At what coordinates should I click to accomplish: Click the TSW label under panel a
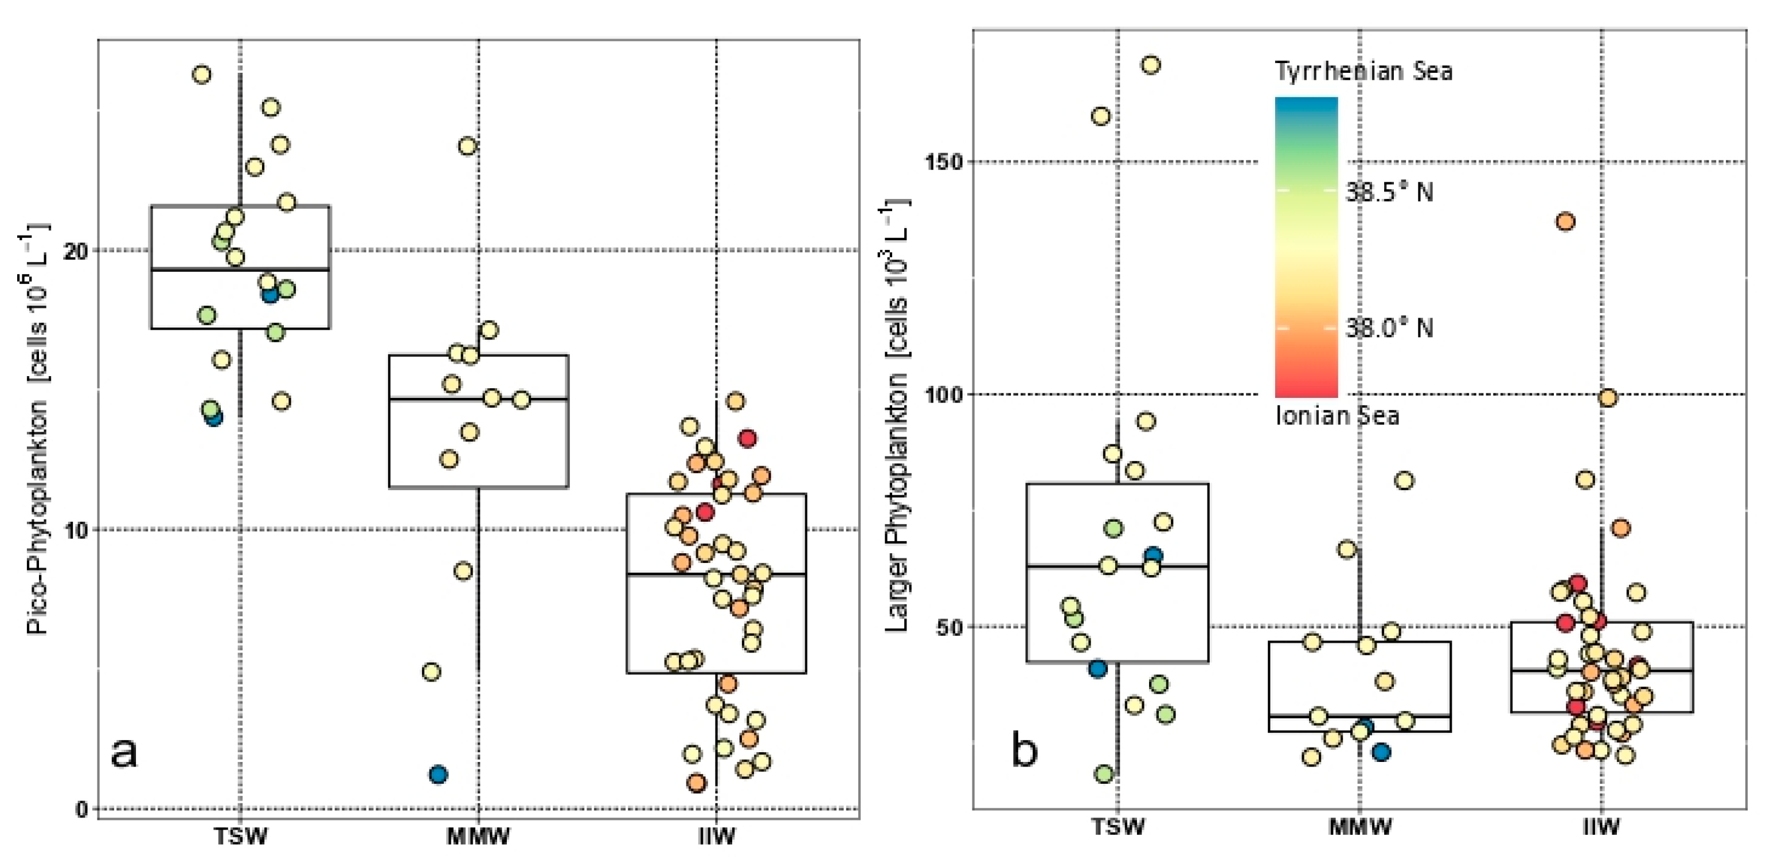click(x=240, y=836)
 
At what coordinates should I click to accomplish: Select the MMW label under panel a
click(x=478, y=836)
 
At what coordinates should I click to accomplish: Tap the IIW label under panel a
click(x=716, y=836)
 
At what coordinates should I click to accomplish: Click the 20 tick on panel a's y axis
click(x=76, y=251)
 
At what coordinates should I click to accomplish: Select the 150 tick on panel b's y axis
click(x=948, y=162)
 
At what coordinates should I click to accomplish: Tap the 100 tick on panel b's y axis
click(x=948, y=394)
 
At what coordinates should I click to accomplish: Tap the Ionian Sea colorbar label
click(x=1337, y=416)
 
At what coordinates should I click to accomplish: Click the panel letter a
click(x=124, y=752)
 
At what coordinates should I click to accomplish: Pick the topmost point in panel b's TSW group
click(x=1151, y=65)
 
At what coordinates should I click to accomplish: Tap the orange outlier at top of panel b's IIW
click(x=1566, y=222)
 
